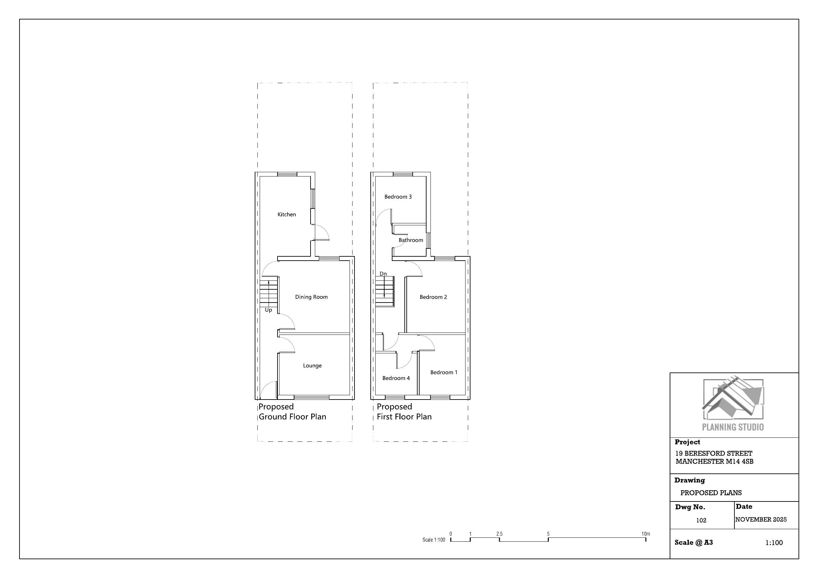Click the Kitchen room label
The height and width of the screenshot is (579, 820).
click(x=287, y=214)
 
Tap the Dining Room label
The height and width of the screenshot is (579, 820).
click(x=312, y=297)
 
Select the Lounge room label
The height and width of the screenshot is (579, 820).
click(x=313, y=366)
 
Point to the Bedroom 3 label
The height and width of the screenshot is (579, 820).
click(x=398, y=197)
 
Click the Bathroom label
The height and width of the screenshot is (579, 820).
click(x=411, y=240)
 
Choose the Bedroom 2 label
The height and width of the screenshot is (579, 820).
click(x=433, y=297)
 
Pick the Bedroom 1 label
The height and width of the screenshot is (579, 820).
click(x=444, y=372)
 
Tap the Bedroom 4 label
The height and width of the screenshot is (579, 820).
click(x=396, y=378)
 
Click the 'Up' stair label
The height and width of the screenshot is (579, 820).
click(x=269, y=310)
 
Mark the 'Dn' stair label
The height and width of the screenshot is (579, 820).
click(x=383, y=274)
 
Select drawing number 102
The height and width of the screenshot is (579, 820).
click(x=701, y=521)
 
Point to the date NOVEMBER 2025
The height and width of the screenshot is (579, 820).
click(x=761, y=519)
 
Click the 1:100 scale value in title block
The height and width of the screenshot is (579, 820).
click(x=774, y=543)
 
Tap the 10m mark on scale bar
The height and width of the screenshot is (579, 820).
click(x=646, y=534)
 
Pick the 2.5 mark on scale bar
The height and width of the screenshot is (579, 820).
click(x=499, y=534)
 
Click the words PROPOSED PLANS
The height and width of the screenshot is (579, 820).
click(x=711, y=493)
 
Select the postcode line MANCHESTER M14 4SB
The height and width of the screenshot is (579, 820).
click(x=715, y=461)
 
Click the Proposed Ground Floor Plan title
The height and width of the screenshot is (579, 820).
click(x=292, y=412)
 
